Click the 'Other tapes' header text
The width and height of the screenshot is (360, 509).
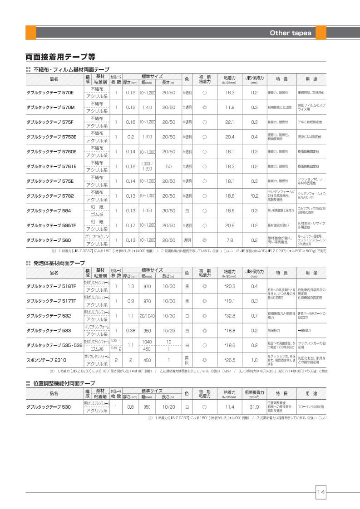291,33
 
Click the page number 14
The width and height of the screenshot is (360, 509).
321,491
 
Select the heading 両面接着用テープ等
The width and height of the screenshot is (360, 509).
60,57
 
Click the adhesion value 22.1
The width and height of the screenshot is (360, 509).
230,122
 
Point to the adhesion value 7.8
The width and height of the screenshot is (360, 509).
230,240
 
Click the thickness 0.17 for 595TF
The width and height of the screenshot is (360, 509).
131,225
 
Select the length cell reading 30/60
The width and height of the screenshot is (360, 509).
168,210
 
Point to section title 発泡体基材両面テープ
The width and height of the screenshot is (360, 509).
59,263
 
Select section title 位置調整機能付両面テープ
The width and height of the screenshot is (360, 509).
64,383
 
